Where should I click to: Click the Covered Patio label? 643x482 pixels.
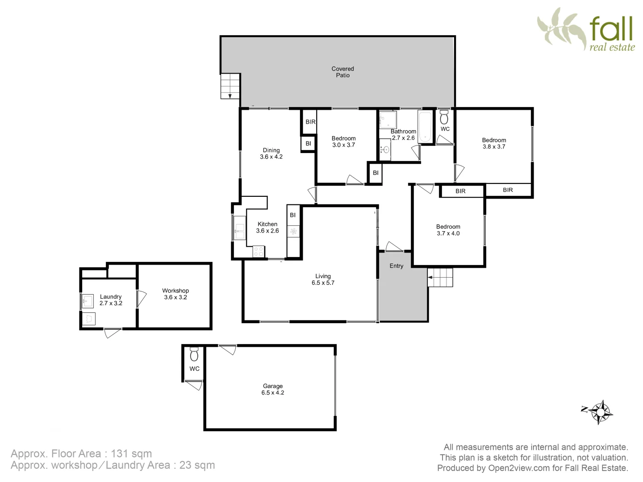[x=342, y=72]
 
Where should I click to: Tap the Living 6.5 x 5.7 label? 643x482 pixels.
[x=323, y=279]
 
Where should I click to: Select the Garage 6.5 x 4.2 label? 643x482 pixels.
[x=272, y=389]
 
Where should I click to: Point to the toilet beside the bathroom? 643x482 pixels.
[x=444, y=118]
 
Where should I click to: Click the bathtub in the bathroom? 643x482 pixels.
[x=425, y=126]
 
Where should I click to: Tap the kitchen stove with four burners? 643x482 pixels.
[x=259, y=251]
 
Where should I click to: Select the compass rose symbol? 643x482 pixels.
[x=601, y=411]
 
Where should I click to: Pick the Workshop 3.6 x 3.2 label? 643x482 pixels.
[x=175, y=294]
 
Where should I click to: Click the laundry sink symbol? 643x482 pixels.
[x=88, y=301]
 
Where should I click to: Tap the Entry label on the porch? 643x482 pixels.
[x=396, y=266]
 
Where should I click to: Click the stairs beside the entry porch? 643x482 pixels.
[x=440, y=277]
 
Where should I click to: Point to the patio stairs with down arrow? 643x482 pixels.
[x=230, y=86]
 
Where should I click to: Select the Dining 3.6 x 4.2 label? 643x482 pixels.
[x=271, y=154]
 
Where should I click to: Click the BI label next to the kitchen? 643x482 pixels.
[x=292, y=215]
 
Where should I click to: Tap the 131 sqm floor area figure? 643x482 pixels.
[x=131, y=454]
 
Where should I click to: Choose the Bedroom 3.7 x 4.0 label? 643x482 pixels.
[x=448, y=230]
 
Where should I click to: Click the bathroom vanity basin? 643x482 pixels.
[x=385, y=150]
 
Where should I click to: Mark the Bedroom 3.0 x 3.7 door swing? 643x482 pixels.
[x=355, y=179]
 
